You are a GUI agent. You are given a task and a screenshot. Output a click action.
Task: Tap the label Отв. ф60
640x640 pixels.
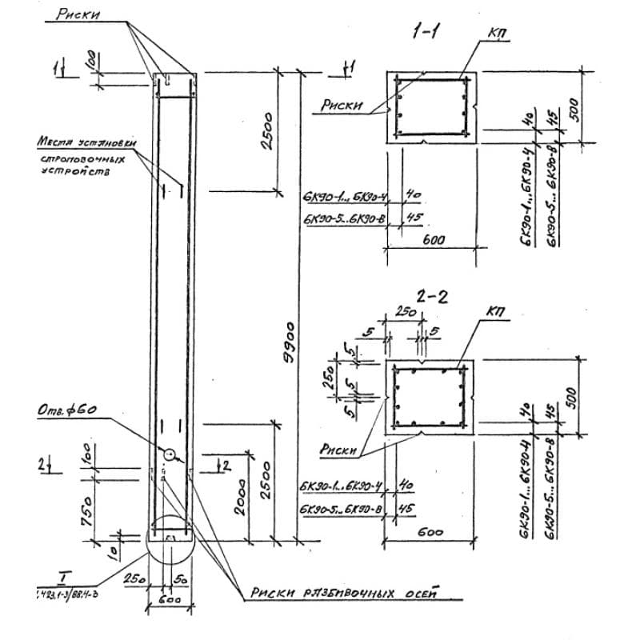coord(69,409)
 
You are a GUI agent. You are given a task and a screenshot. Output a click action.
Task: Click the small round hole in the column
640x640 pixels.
coord(170,454)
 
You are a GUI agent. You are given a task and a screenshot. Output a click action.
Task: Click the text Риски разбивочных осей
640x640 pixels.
coord(344,593)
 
